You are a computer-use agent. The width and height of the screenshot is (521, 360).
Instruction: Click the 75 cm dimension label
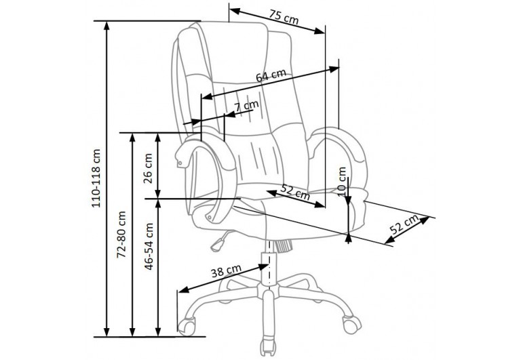[284, 17]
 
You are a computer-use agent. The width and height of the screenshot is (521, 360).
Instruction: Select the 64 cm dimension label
[271, 76]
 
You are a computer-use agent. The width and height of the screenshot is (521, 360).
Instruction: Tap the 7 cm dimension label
[246, 106]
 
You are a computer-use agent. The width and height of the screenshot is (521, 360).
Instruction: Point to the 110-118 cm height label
[96, 178]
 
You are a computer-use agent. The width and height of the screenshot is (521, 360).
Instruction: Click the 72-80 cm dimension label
[121, 235]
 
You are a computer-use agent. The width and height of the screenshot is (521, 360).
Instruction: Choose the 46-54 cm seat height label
[149, 246]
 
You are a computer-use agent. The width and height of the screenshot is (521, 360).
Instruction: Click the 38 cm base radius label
[226, 271]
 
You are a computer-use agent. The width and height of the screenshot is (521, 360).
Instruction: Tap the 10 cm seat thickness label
[342, 181]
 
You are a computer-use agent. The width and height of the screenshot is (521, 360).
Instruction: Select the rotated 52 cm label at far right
[404, 225]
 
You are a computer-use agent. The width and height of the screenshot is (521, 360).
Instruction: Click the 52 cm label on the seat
[295, 192]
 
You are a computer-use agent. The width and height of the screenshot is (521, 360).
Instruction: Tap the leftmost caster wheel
[187, 326]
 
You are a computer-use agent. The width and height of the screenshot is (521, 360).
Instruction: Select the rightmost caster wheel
[352, 324]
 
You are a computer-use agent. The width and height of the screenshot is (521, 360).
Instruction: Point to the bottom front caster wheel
[269, 348]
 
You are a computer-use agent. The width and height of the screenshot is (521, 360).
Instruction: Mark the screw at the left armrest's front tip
[180, 163]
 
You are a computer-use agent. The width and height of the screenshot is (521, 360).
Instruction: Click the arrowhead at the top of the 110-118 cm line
[107, 25]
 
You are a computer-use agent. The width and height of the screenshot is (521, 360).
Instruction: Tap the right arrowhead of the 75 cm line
[320, 31]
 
